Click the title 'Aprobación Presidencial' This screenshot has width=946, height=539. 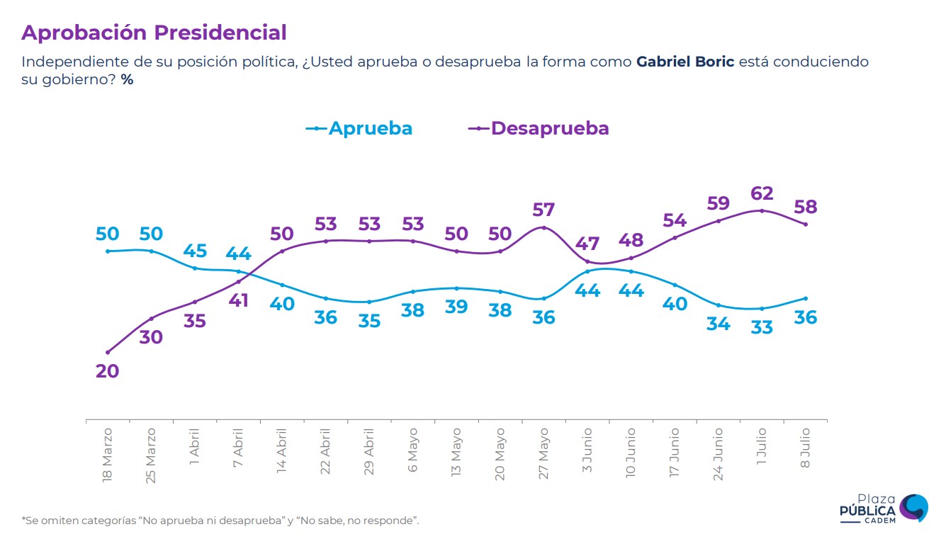(x=154, y=33)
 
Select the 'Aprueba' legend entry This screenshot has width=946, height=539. (x=359, y=128)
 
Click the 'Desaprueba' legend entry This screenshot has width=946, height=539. (x=539, y=128)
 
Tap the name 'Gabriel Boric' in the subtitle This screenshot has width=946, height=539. (x=685, y=62)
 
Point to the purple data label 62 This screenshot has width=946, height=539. (x=762, y=193)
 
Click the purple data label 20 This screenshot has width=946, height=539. (x=107, y=370)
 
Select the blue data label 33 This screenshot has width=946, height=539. (x=762, y=327)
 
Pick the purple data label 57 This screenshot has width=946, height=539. (x=544, y=210)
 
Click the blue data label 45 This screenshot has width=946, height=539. (x=195, y=251)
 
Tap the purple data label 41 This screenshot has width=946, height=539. (x=238, y=300)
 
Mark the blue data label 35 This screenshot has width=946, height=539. (x=369, y=321)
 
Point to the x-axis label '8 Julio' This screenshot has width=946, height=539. (x=806, y=448)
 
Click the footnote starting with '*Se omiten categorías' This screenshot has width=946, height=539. (x=220, y=521)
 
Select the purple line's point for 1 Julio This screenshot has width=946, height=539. (x=762, y=210)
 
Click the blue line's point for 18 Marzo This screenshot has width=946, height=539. (x=107, y=251)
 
